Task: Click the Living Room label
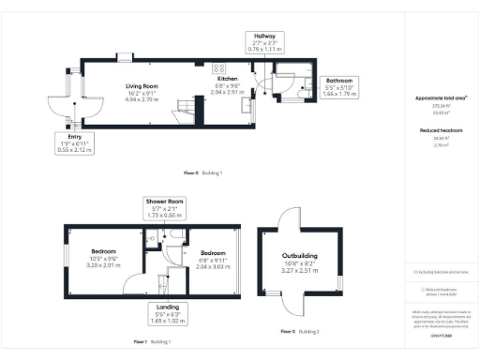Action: (142, 86)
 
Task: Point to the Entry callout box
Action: (74, 142)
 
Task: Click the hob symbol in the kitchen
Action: (218, 67)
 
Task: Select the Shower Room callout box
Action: (163, 208)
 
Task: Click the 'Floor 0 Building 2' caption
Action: (300, 332)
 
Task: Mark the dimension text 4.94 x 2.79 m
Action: (142, 98)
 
